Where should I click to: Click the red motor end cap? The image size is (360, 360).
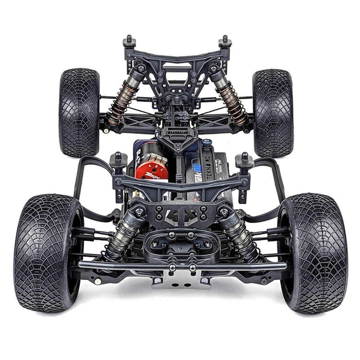(151, 170)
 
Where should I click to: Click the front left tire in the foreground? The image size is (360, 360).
(47, 252)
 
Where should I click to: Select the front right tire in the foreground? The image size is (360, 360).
(313, 252)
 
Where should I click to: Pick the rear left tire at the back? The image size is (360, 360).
(79, 112)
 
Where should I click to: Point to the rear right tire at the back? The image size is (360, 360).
(273, 112)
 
